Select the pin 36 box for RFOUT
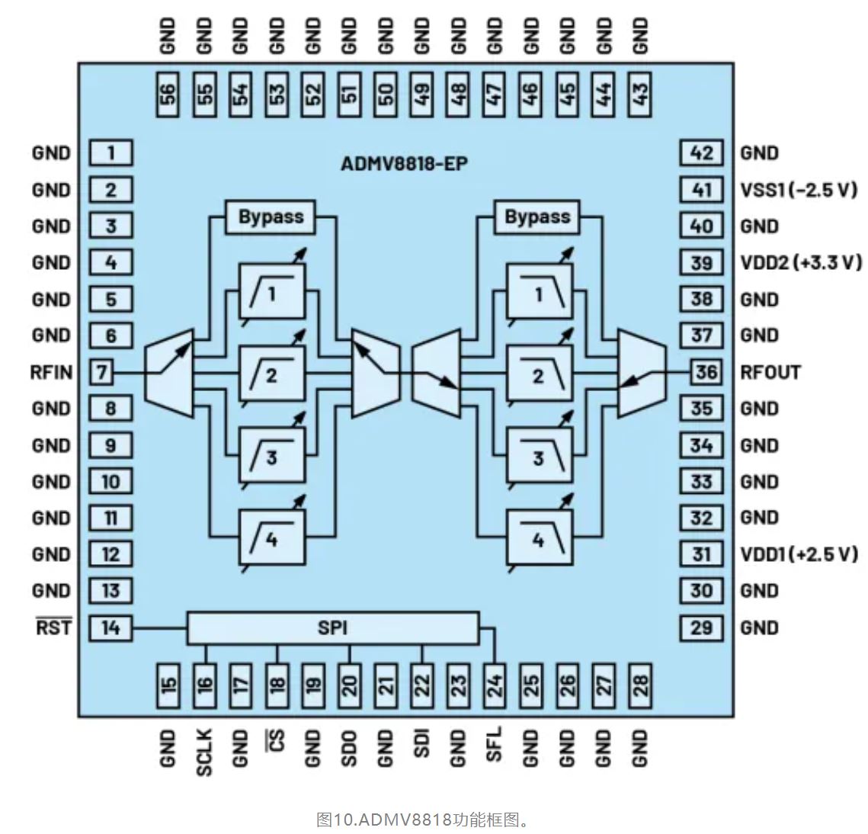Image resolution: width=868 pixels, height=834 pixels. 706,372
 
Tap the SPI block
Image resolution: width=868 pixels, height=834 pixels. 333,628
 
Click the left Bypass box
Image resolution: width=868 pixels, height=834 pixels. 271,217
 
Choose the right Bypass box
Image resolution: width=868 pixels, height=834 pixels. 537,217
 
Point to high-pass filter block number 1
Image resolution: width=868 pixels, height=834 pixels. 271,291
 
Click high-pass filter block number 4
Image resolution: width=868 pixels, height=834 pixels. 271,537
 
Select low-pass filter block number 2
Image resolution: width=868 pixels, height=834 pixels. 539,374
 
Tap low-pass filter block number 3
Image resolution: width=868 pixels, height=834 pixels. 539,456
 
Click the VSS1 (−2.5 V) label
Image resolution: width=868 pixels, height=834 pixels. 799,190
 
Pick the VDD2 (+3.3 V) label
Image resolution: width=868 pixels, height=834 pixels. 801,263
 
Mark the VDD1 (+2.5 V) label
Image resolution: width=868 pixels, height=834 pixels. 799,554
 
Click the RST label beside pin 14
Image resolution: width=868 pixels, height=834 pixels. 53,627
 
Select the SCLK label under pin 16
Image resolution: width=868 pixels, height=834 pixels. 204,752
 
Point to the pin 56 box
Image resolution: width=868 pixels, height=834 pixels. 168,95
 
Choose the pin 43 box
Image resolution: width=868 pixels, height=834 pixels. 640,95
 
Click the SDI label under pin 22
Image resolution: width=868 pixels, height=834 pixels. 421,744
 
